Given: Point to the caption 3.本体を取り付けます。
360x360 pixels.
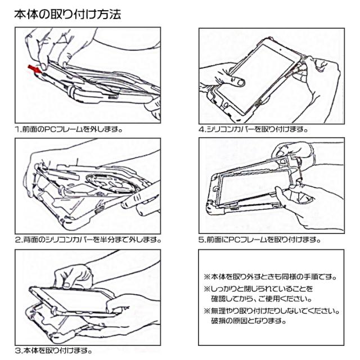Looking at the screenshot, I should pyautogui.click(x=53, y=350).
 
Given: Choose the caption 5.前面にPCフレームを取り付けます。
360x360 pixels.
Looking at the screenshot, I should pyautogui.click(x=259, y=239).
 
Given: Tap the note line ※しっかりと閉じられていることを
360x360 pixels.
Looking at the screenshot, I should pyautogui.click(x=262, y=289).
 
